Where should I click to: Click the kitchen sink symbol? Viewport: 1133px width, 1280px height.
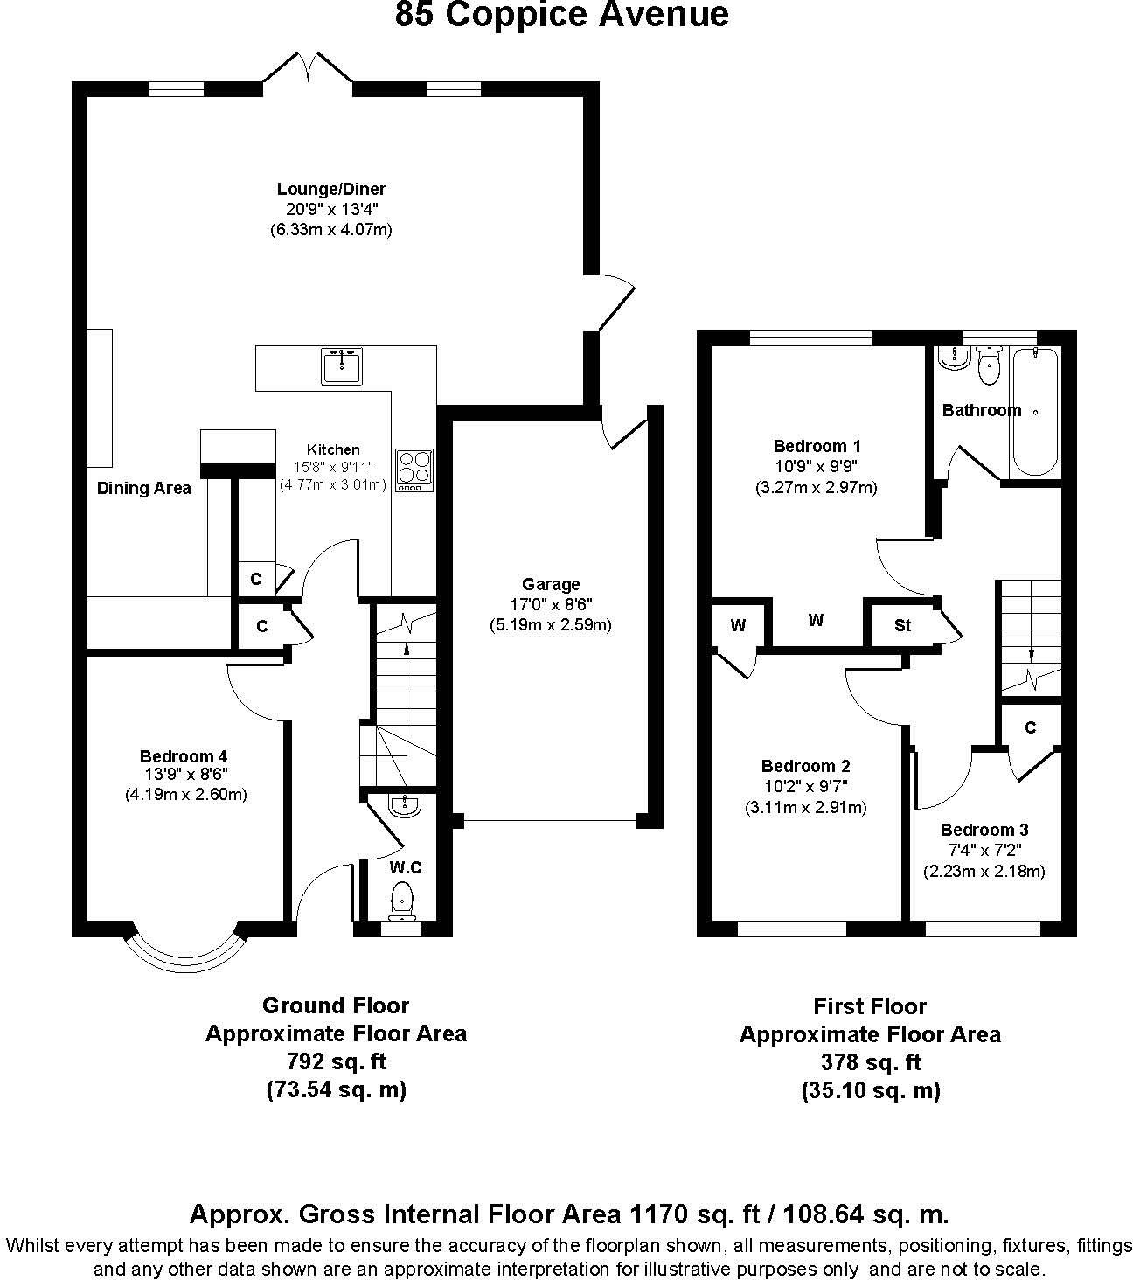[x=343, y=366]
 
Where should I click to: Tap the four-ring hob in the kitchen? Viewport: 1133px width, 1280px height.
[x=414, y=469]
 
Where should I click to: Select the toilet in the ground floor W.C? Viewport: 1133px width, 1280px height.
[x=402, y=900]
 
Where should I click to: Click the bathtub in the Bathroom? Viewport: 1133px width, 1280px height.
[x=1033, y=412]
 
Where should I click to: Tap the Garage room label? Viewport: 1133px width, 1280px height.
[x=551, y=584]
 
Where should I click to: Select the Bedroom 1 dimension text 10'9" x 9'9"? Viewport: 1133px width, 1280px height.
[x=816, y=467]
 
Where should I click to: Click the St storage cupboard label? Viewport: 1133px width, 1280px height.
[x=902, y=625]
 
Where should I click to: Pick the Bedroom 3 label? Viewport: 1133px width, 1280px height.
[x=984, y=830]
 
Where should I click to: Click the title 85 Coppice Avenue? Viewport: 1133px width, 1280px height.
[x=561, y=15]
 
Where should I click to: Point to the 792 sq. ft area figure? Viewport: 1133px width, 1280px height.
[x=337, y=1061]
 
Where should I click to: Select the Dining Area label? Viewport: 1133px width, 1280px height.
[x=143, y=488]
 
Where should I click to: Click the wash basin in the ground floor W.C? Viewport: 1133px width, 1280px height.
[x=404, y=806]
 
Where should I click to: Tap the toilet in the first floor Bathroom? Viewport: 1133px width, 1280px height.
[x=989, y=366]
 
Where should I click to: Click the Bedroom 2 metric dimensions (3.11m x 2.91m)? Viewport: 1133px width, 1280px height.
[x=805, y=808]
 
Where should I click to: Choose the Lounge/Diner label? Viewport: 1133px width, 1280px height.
[x=331, y=189]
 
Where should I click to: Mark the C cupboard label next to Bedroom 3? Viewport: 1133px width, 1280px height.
[x=1031, y=727]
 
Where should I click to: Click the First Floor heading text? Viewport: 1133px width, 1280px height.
[x=870, y=1006]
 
